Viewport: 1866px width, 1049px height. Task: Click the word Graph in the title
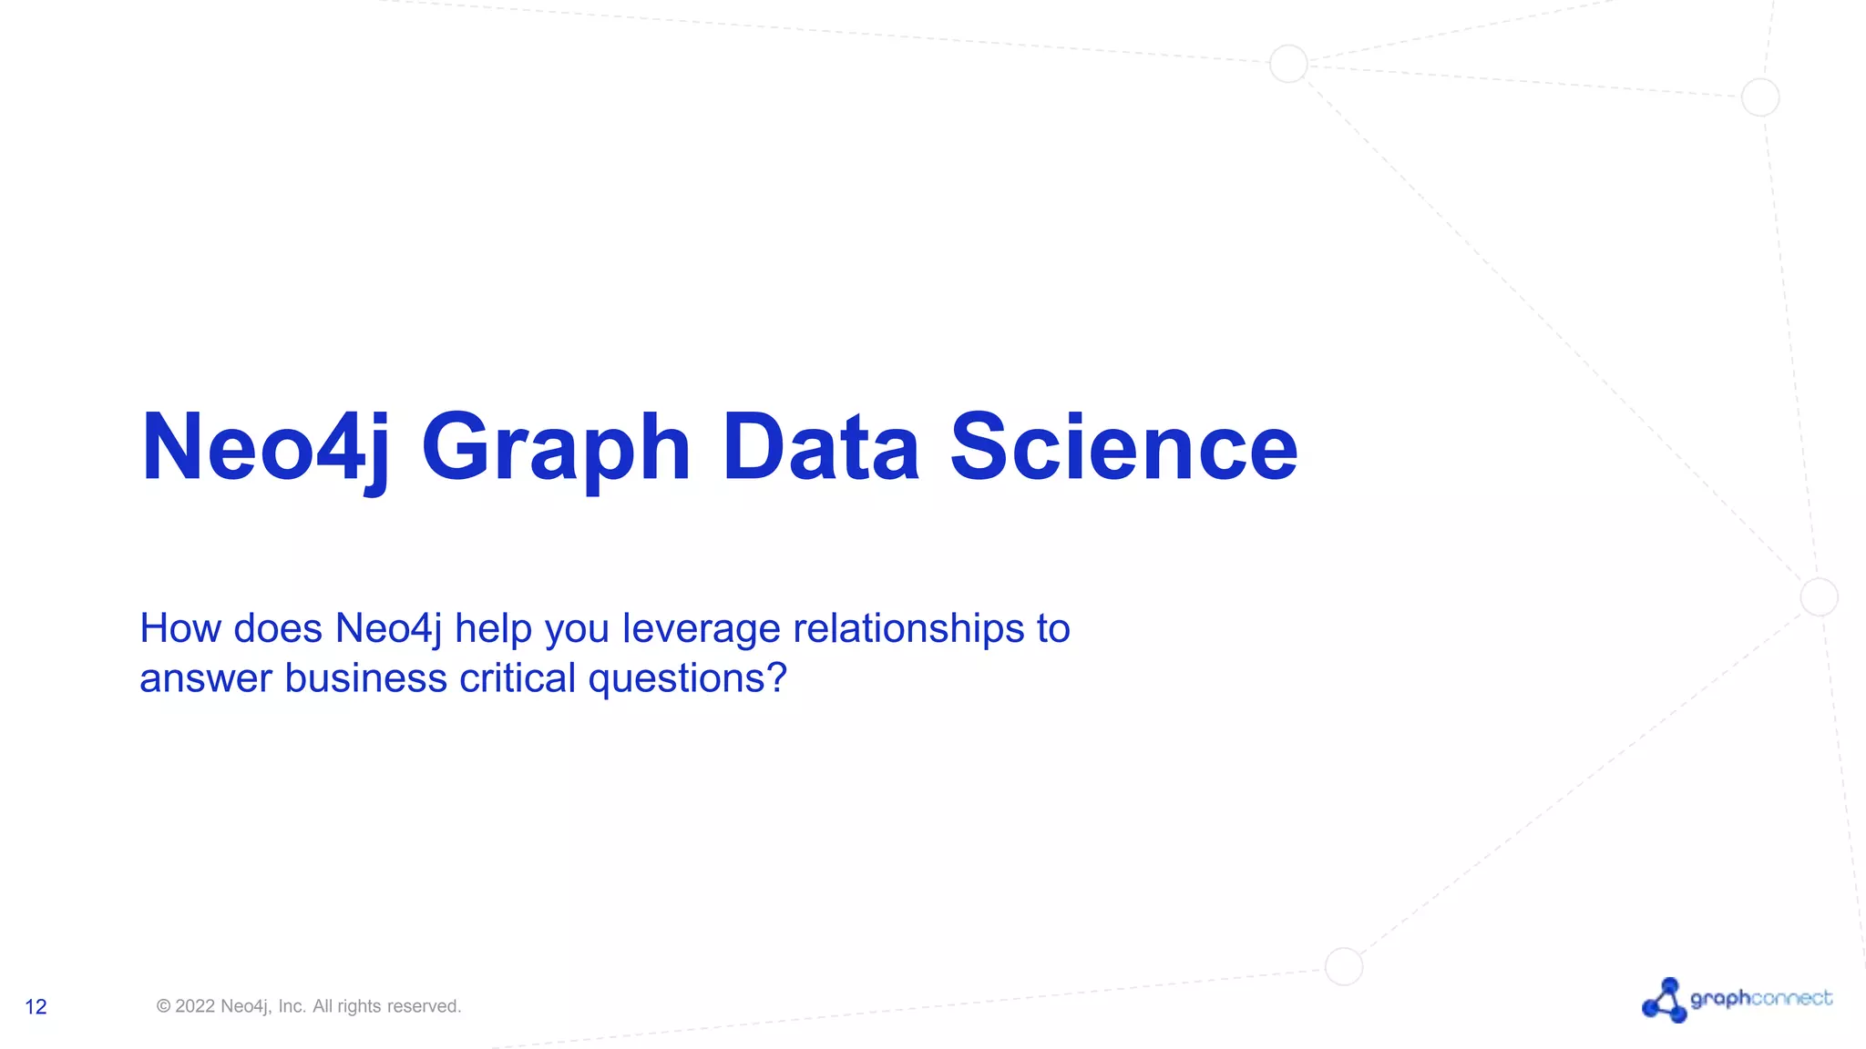556,448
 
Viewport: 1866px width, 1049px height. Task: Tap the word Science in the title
1123,448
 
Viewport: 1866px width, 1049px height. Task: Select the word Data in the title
820,448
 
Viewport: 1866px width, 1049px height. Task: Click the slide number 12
36,1006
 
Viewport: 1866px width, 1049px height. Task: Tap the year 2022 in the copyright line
195,1006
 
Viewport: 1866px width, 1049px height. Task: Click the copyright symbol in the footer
164,1006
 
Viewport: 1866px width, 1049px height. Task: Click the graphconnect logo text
1760,999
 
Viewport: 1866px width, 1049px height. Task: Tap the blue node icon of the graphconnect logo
1665,1001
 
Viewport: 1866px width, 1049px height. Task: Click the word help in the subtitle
493,629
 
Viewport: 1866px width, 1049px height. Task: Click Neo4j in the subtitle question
388,629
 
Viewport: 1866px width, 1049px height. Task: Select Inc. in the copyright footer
292,1006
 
